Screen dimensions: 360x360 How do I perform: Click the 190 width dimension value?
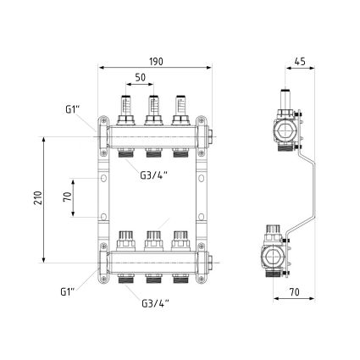pos(156,61)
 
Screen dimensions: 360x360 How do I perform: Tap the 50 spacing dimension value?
pos(140,77)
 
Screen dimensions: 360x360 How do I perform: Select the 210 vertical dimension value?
pos(38,198)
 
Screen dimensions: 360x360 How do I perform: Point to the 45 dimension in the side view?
pos(300,61)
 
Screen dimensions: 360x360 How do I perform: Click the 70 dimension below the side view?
pos(294,292)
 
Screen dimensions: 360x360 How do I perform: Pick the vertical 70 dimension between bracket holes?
pos(68,197)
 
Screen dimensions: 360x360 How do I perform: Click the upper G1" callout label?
pos(72,109)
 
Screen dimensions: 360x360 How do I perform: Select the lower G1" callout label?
pos(68,291)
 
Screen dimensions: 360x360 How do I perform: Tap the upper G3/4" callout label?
pos(154,175)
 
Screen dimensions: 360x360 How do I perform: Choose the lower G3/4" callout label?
pos(155,303)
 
